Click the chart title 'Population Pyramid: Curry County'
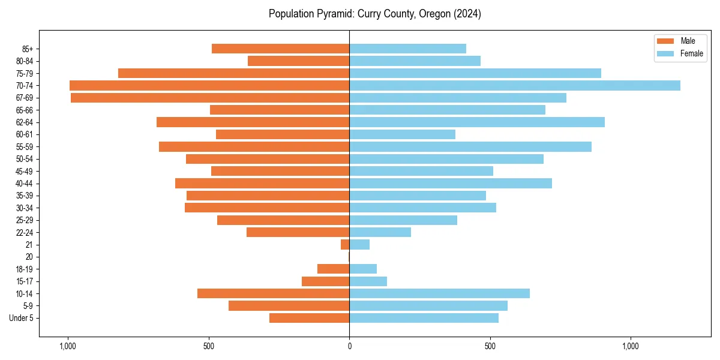point(375,14)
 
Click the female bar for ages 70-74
point(515,85)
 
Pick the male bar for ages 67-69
point(210,98)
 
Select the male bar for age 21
point(345,245)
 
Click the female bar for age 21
point(359,245)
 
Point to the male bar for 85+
point(281,49)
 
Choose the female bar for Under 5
point(424,318)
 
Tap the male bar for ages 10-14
point(274,293)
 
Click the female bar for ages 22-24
point(380,232)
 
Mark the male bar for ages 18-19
point(334,269)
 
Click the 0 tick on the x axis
point(349,346)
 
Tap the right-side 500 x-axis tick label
point(490,346)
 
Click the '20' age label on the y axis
point(29,257)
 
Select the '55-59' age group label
point(25,146)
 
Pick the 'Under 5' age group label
point(22,318)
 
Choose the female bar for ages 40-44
point(451,183)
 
